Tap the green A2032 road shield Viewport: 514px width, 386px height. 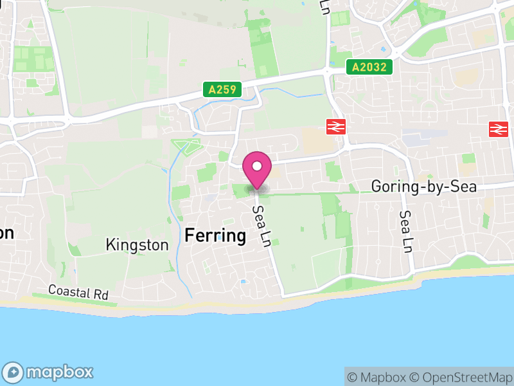[x=369, y=66]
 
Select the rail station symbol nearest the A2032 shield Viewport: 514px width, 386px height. [x=335, y=127]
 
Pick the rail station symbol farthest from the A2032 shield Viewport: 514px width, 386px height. [x=497, y=129]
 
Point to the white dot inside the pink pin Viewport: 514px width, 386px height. [x=257, y=167]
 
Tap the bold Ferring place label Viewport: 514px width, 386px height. [x=215, y=235]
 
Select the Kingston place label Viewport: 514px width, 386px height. [x=137, y=245]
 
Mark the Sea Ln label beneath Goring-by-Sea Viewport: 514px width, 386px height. [x=405, y=232]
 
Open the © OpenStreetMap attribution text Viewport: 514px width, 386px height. [x=459, y=376]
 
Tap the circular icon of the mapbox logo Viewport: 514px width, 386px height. [x=14, y=372]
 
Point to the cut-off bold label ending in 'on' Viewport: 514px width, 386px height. [x=6, y=233]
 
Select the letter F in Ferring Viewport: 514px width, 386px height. [x=190, y=235]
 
